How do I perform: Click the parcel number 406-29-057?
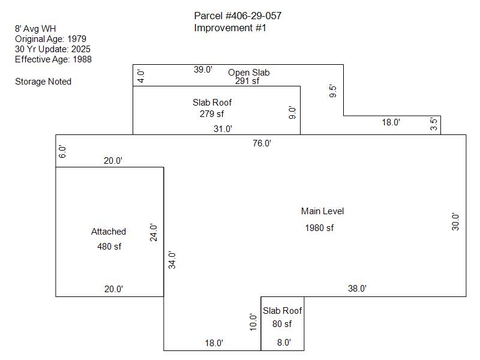point(238,16)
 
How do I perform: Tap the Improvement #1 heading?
point(230,28)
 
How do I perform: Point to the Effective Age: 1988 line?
point(53,59)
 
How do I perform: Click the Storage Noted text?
point(43,82)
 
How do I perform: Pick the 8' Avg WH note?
point(35,28)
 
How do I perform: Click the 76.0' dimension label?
point(262,143)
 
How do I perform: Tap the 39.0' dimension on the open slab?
point(203,70)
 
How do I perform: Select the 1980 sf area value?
point(319,228)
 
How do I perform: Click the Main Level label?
point(322,211)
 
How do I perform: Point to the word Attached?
point(109,232)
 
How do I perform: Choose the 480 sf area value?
point(109,246)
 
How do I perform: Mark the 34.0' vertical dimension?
point(172,260)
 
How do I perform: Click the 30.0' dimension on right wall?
point(455,222)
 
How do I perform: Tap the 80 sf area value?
point(281,324)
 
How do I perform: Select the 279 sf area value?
point(212,113)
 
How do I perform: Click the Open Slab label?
point(248,73)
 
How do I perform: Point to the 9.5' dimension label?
point(334,92)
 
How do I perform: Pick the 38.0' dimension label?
point(357,289)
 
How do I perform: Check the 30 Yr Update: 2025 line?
point(53,49)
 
